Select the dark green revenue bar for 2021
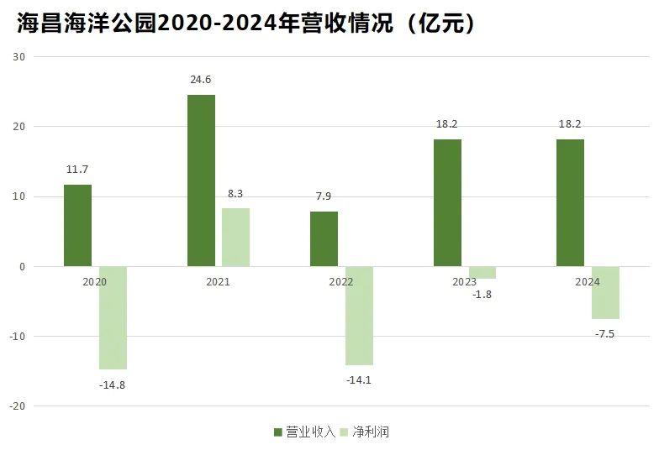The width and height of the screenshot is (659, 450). [x=201, y=181]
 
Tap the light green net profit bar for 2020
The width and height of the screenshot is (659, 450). [x=113, y=317]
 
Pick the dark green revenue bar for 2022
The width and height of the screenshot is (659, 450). [x=324, y=238]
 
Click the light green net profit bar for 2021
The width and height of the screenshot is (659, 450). [x=235, y=237]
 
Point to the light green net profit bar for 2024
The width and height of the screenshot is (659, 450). [x=605, y=292]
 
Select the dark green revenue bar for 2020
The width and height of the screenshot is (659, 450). [x=77, y=225]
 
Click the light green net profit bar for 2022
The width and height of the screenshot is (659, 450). [x=359, y=316]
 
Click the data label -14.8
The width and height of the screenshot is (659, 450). [x=113, y=385]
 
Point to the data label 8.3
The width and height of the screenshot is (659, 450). [x=235, y=194]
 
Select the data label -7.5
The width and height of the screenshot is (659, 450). [x=605, y=333]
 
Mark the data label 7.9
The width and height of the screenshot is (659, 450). [x=324, y=197]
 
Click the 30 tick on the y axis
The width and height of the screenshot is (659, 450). [x=19, y=57]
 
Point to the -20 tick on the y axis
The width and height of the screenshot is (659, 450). [x=18, y=406]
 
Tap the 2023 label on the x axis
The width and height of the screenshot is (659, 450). [x=465, y=282]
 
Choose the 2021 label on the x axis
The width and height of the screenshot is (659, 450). [x=218, y=282]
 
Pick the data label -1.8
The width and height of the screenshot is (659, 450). [x=482, y=294]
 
